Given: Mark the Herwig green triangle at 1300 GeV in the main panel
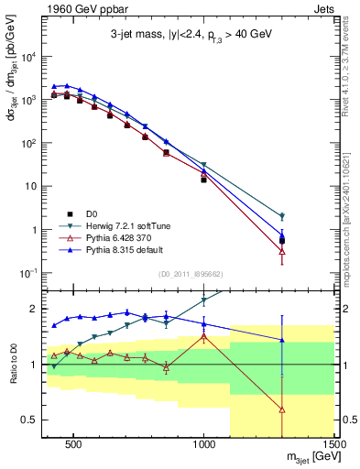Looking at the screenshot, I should [x=282, y=217].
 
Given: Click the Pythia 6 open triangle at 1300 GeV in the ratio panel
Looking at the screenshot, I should [x=282, y=409].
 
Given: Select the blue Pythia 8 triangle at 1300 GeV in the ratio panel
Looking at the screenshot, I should [x=282, y=340].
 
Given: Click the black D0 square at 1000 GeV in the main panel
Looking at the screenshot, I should [x=203, y=180].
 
